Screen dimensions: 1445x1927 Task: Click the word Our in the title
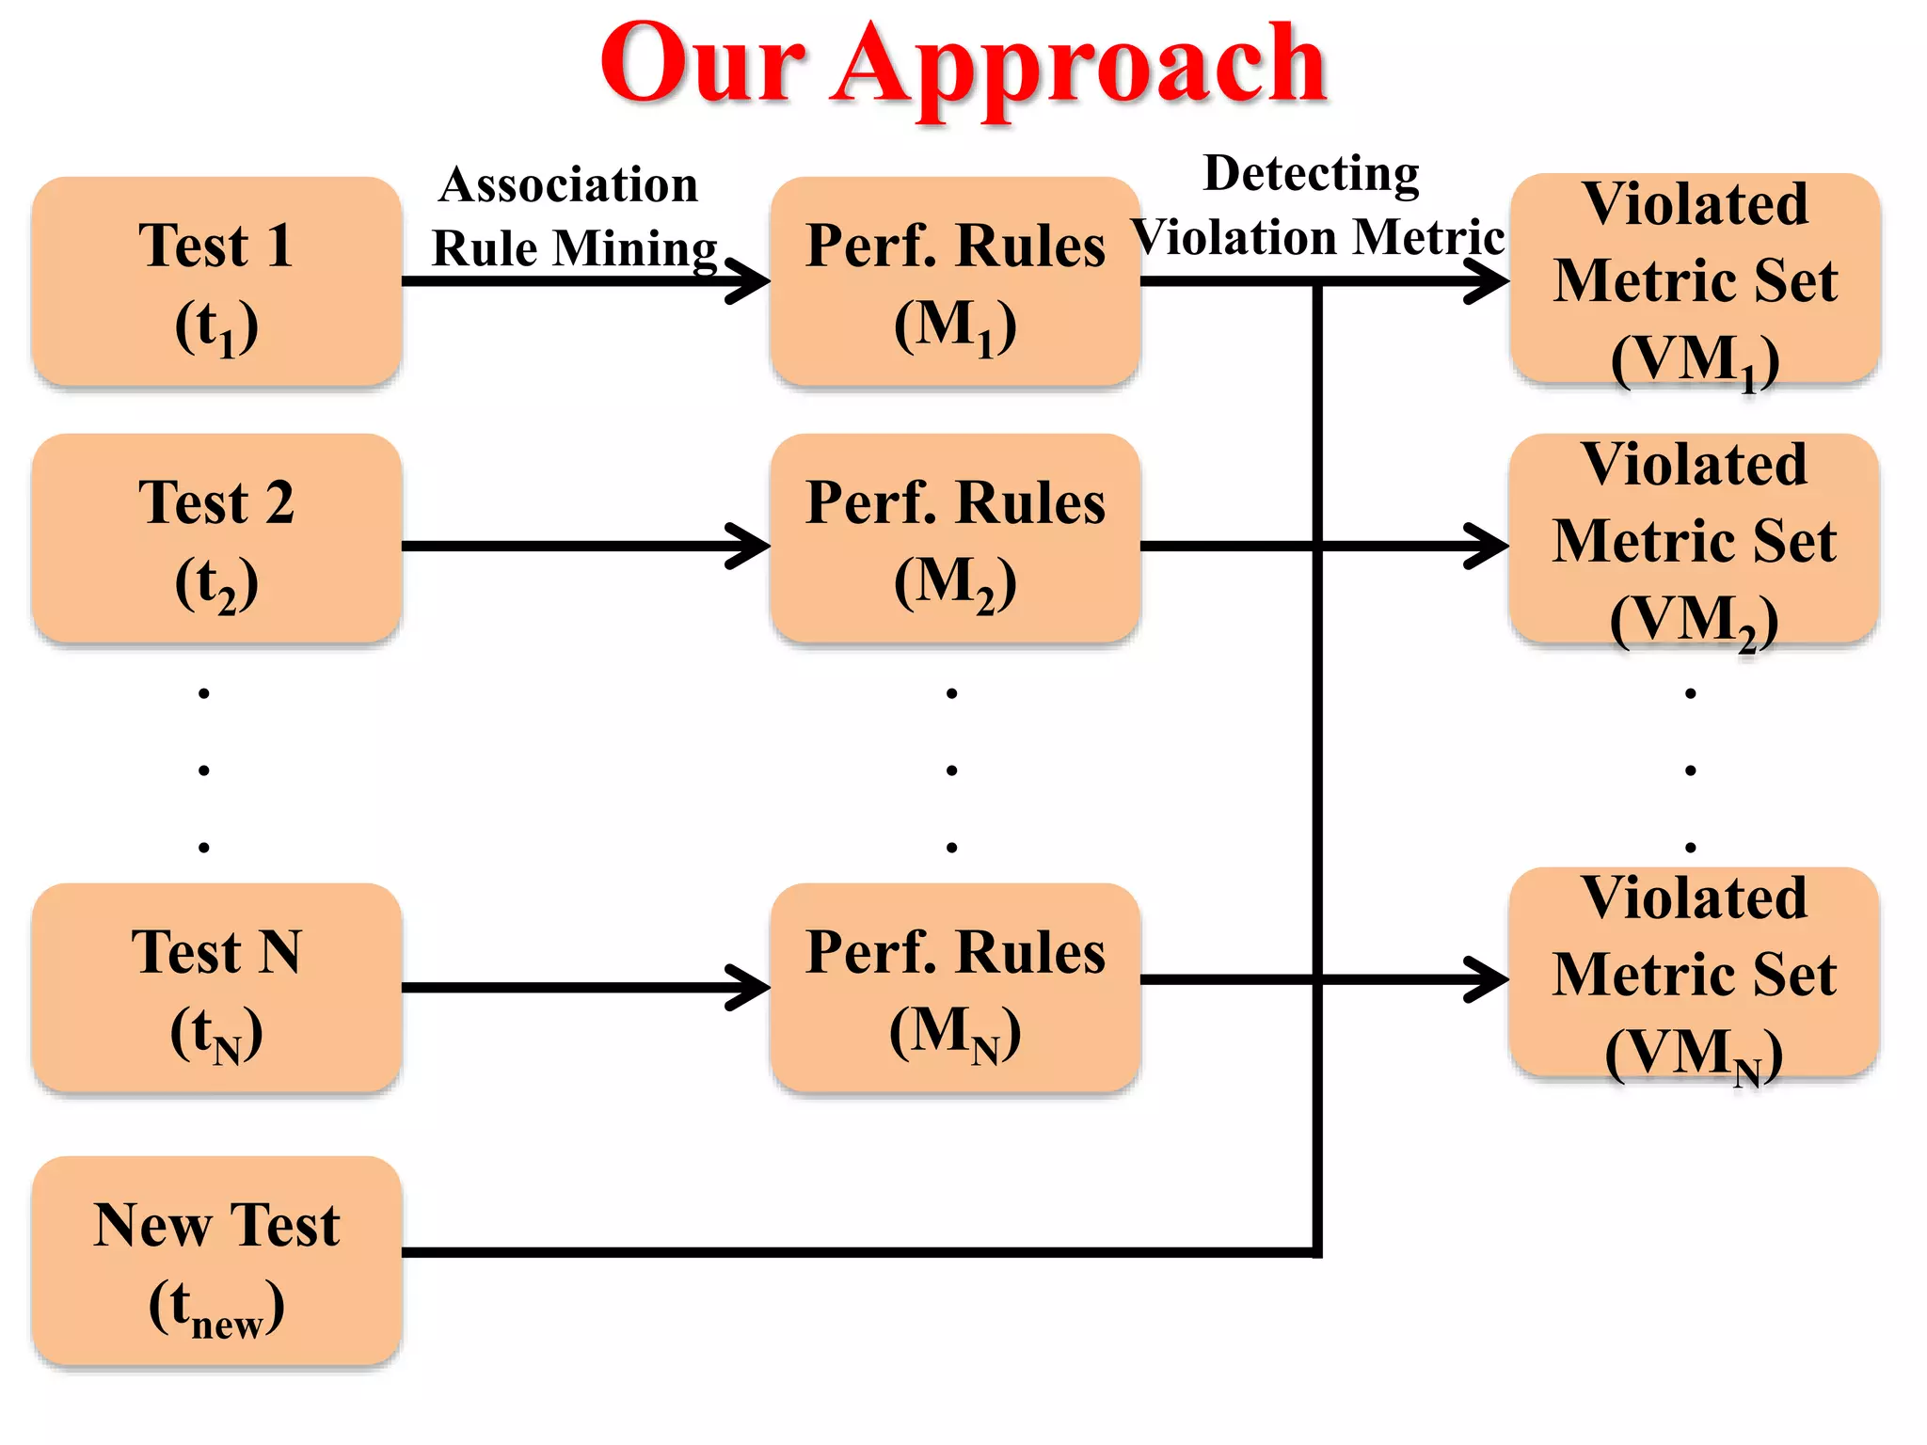point(701,66)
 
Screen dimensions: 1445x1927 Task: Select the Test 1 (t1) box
point(216,281)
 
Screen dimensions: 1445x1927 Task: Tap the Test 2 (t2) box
point(216,538)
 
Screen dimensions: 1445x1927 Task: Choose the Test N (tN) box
point(216,988)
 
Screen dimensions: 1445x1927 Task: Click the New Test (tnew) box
point(216,1261)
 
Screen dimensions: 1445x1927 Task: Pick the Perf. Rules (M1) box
point(955,281)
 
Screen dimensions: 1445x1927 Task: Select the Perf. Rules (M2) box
point(955,538)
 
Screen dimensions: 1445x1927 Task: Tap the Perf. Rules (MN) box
point(955,988)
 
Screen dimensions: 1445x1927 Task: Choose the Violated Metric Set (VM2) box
point(1695,539)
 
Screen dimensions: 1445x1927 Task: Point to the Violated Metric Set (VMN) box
point(1695,973)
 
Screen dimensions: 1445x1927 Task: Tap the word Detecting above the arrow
point(1311,174)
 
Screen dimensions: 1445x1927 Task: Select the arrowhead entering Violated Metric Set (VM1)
point(1490,280)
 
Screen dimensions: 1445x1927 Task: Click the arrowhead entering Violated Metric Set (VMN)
point(1490,979)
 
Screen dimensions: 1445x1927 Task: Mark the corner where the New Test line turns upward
point(1316,1252)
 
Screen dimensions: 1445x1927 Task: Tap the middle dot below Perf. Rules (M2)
point(952,770)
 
